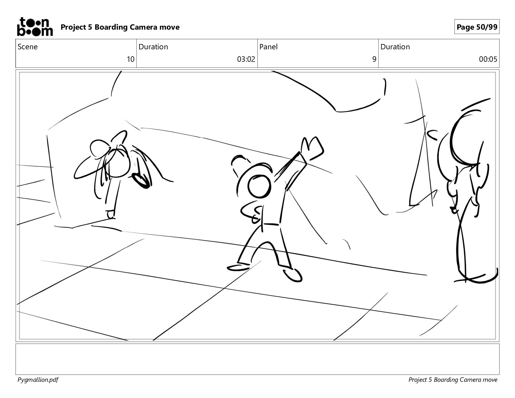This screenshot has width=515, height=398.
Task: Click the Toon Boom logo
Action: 35,27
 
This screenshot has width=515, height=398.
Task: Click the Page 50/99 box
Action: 477,27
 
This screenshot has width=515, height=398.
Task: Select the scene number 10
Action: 130,59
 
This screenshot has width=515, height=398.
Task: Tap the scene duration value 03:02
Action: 246,59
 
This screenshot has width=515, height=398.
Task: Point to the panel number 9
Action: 374,59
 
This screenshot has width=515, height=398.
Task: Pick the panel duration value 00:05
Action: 488,59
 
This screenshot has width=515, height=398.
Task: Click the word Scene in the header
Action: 27,47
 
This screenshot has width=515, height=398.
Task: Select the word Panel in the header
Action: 268,47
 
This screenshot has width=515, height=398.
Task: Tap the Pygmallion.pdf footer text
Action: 38,380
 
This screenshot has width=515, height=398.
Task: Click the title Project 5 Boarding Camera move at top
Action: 120,27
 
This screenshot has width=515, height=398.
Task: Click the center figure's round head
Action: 259,186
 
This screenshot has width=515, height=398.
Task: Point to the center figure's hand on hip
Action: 252,213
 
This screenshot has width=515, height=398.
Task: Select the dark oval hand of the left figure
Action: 141,181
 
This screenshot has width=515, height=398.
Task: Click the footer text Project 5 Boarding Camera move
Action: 453,380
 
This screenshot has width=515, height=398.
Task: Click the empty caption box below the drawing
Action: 257,359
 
